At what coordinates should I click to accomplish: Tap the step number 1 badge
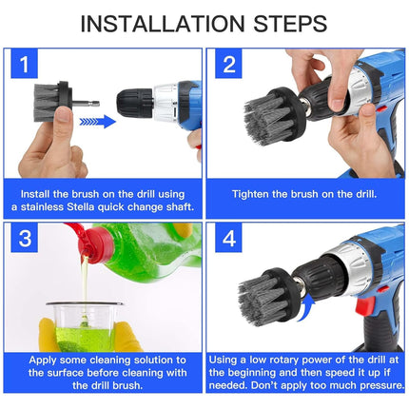point(27,66)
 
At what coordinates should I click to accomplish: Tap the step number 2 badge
point(228,66)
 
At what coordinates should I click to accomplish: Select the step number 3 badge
point(27,239)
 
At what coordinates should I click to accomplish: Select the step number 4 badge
point(228,239)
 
